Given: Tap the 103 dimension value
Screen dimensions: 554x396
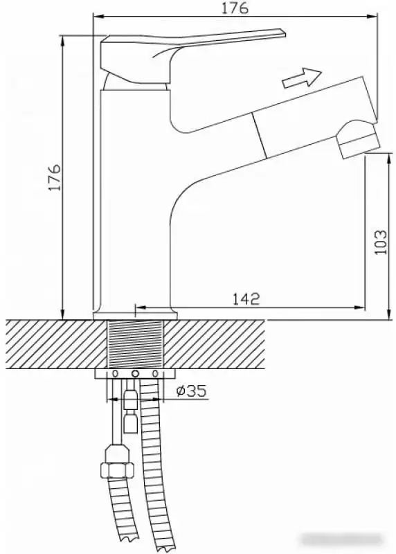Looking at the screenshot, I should pos(380,242).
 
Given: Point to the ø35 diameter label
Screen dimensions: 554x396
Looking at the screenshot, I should pos(192,392).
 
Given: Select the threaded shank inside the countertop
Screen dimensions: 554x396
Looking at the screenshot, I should pos(136,344).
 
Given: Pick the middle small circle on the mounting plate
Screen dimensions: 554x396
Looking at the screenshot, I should pos(136,375).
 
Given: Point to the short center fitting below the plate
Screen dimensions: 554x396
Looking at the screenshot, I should pos(129,409).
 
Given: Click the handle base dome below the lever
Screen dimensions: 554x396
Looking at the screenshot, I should pos(136,82).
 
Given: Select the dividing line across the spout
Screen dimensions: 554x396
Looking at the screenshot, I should pos(260,134).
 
